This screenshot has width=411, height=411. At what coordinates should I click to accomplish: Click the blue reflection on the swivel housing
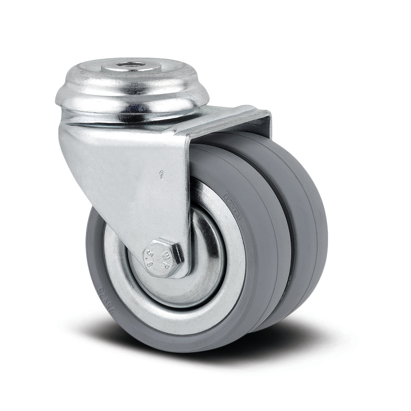(x=136, y=108)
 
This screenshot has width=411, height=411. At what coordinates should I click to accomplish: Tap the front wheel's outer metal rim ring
(x=222, y=296)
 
